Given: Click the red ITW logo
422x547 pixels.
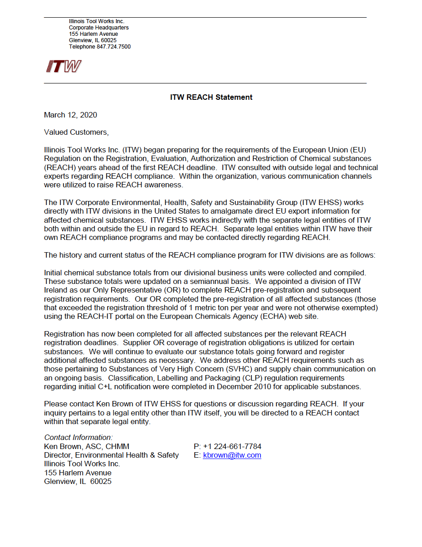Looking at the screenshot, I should [64, 67].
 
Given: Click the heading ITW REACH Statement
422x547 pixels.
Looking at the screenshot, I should [211, 97].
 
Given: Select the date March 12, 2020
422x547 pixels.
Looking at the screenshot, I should [70, 115].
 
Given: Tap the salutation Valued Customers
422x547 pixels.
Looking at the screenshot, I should [76, 132].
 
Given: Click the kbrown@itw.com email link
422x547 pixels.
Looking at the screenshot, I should [232, 455].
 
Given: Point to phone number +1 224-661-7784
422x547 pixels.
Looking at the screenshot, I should [232, 447].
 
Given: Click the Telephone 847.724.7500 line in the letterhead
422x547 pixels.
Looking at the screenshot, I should [99, 47].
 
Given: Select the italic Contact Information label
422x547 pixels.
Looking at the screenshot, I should [78, 438].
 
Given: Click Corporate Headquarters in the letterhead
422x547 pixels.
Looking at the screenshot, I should [98, 28].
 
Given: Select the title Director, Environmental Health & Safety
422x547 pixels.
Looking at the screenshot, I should [111, 455].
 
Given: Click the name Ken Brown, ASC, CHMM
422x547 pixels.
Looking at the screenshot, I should [86, 447].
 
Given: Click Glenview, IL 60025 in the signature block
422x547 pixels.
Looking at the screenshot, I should [78, 482].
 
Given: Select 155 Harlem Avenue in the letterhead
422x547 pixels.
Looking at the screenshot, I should [93, 34].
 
